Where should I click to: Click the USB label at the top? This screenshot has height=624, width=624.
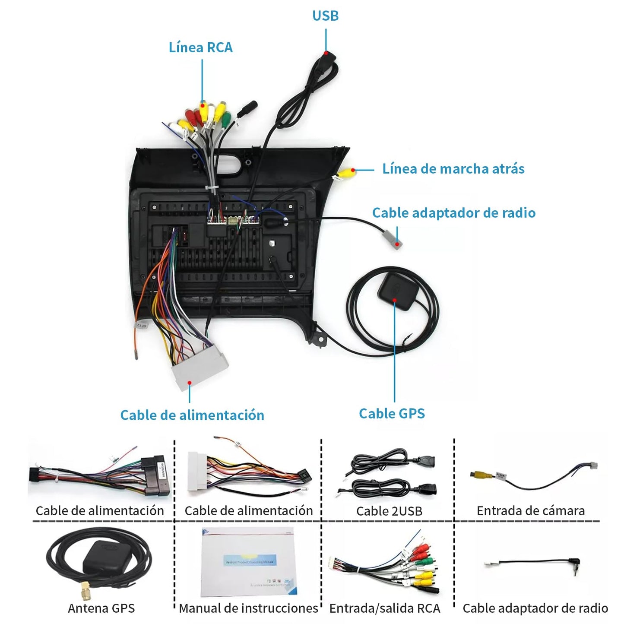pyautogui.click(x=325, y=16)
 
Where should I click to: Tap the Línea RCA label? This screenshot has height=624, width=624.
pyautogui.click(x=200, y=47)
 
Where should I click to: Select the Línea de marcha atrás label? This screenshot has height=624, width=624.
pyautogui.click(x=453, y=168)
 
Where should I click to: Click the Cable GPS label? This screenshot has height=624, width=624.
pyautogui.click(x=392, y=413)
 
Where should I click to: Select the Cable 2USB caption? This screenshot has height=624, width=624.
pyautogui.click(x=389, y=511)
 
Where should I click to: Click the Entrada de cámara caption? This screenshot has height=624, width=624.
pyautogui.click(x=530, y=511)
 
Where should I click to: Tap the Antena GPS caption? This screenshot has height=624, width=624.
pyautogui.click(x=101, y=608)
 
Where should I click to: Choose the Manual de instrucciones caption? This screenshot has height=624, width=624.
pyautogui.click(x=248, y=608)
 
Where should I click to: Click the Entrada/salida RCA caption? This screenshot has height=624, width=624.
pyautogui.click(x=384, y=608)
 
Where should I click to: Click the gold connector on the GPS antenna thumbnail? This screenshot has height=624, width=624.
pyautogui.click(x=84, y=589)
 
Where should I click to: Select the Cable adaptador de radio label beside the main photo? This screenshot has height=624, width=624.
pyautogui.click(x=453, y=212)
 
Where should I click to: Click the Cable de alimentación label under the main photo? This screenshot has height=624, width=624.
pyautogui.click(x=192, y=415)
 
